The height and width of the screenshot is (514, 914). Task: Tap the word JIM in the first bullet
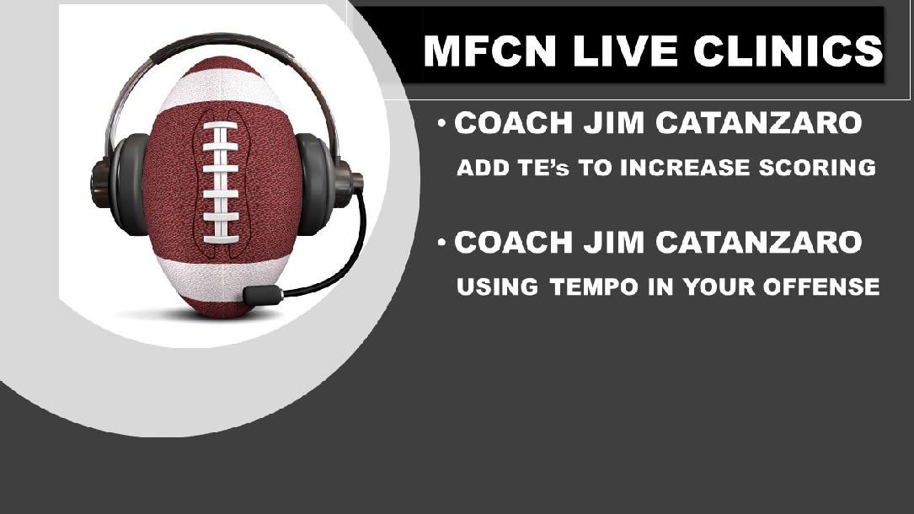pyautogui.click(x=607, y=125)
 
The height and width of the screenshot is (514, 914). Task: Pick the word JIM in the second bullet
pyautogui.click(x=607, y=244)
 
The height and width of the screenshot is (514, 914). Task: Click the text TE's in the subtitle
pyautogui.click(x=537, y=168)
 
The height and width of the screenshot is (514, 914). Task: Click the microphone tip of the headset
pyautogui.click(x=262, y=296)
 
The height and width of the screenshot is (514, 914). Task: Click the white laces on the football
pyautogui.click(x=221, y=181)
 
